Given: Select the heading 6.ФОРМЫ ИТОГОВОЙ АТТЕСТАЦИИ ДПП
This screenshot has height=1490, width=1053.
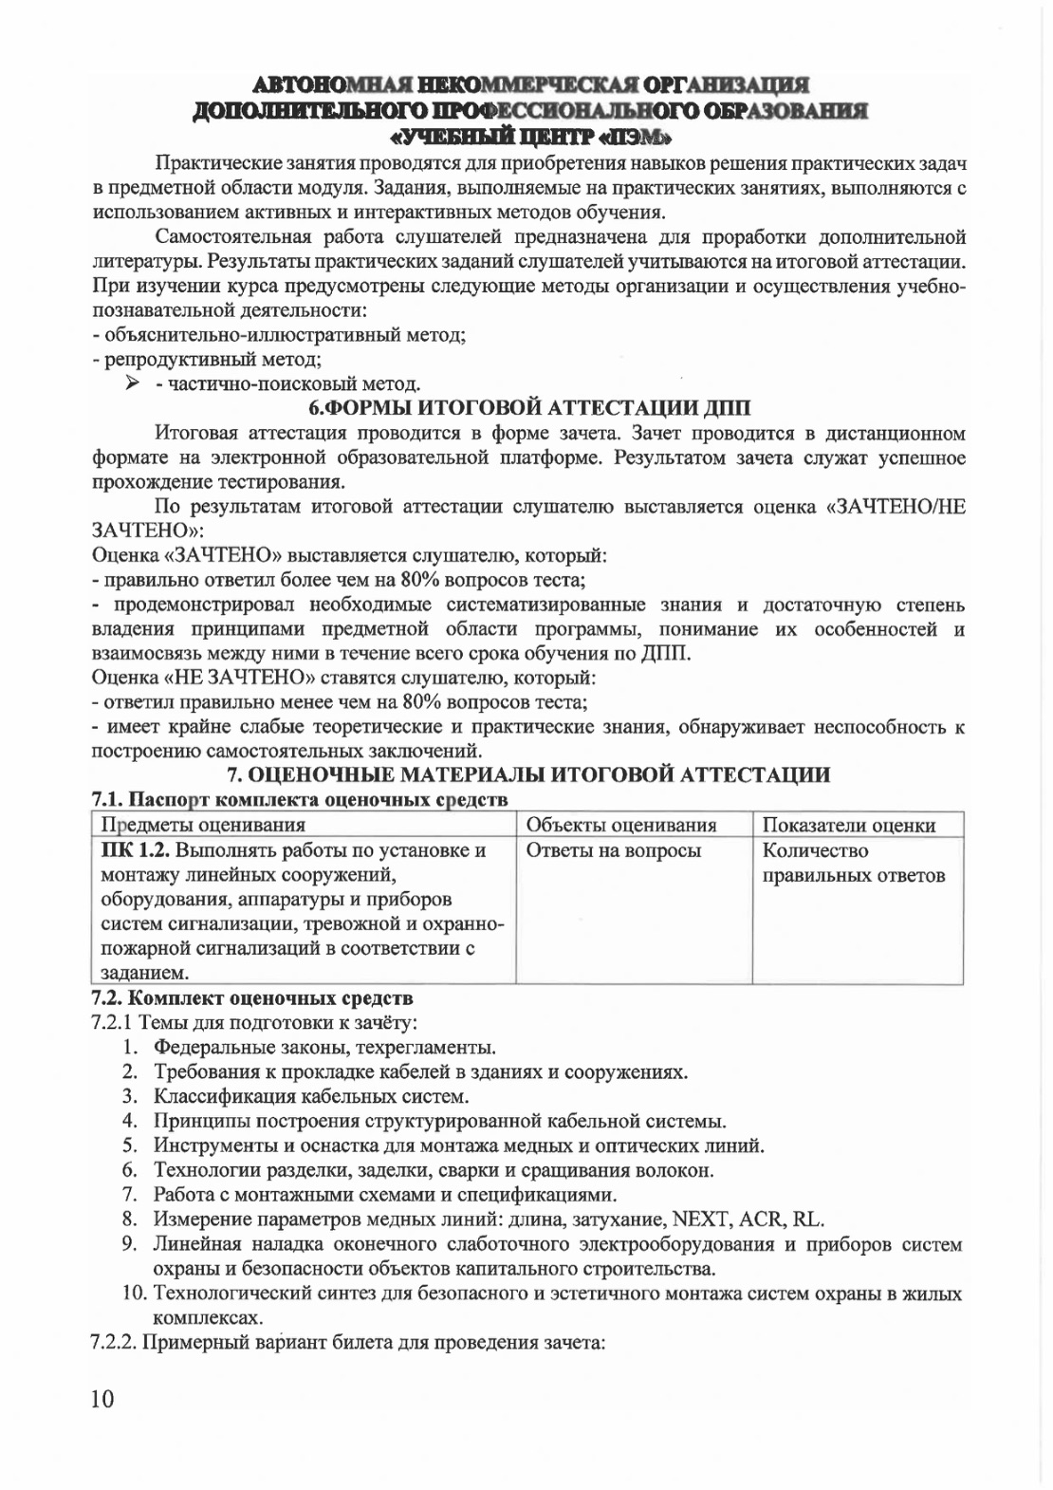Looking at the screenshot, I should point(530,409).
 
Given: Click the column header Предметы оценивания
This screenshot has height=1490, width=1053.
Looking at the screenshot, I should point(203,825).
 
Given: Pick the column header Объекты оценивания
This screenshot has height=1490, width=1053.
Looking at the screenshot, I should point(620,825).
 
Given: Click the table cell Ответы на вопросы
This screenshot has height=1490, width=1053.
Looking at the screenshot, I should point(613,850).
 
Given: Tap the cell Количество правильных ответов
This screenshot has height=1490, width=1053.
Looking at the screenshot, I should point(853,863).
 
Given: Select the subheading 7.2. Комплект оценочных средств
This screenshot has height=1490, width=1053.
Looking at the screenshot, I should point(252,997).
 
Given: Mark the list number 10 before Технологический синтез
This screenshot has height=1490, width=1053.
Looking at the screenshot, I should point(134,1294).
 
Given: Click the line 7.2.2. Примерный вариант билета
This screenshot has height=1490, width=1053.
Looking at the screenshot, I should point(347,1343).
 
